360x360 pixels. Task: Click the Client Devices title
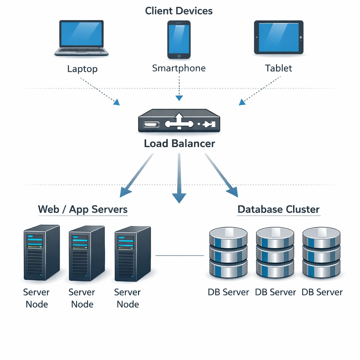coord(179,11)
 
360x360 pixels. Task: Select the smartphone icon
coord(179,39)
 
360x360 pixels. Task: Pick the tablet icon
coord(278,37)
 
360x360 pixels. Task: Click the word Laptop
coord(82,69)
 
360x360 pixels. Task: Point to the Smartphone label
coord(179,68)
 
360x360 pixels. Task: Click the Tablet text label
coord(278,68)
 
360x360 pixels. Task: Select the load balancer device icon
coord(179,122)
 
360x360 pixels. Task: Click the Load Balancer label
coord(179,143)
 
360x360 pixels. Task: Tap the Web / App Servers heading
coord(83,210)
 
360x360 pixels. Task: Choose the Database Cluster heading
coord(278,210)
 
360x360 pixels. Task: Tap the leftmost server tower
coord(41,252)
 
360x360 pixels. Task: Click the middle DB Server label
coord(275,292)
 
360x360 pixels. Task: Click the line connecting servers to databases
coord(179,256)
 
